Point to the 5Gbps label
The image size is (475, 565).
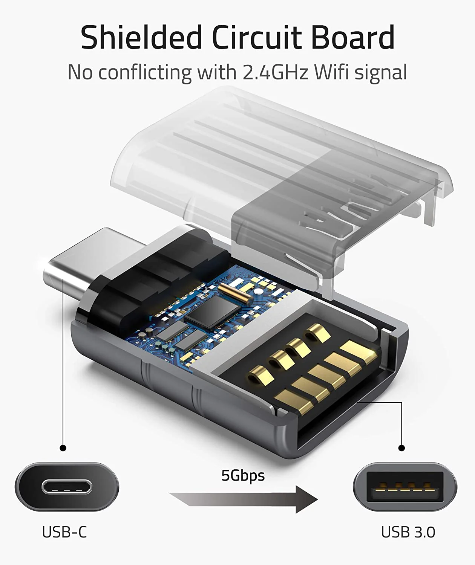[243, 475]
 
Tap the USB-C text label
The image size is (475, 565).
[64, 532]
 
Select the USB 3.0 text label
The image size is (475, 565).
[408, 532]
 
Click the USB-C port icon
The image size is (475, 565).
[67, 487]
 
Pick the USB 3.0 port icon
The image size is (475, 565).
[405, 487]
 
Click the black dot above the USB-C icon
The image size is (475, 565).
[63, 448]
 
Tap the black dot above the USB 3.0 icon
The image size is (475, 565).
[402, 448]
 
